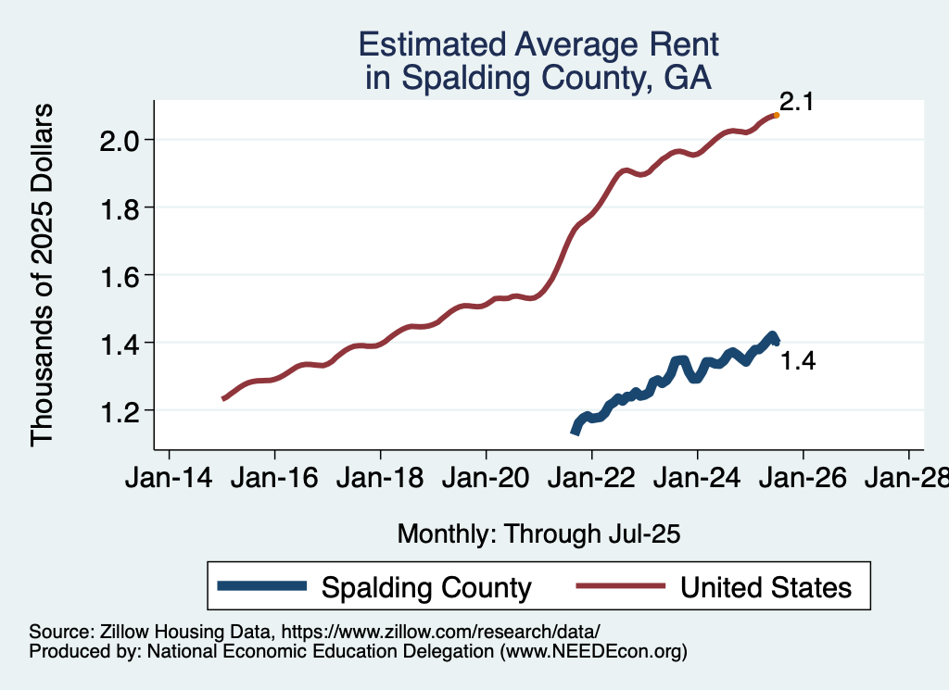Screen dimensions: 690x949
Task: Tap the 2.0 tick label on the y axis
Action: pyautogui.click(x=120, y=141)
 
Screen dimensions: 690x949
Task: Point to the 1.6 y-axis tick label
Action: pyautogui.click(x=120, y=276)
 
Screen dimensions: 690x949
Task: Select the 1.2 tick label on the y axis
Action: pyautogui.click(x=120, y=411)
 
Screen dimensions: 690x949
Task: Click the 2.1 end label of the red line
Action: pyautogui.click(x=796, y=103)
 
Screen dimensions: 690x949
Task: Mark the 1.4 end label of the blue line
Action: pyautogui.click(x=797, y=361)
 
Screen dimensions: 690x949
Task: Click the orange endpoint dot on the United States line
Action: pyautogui.click(x=776, y=115)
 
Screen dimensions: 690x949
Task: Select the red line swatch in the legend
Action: pyautogui.click(x=620, y=586)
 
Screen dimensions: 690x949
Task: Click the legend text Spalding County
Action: pyautogui.click(x=426, y=587)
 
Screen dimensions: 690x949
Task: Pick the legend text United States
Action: pyautogui.click(x=766, y=587)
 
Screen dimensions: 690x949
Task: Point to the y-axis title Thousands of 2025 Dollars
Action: pyautogui.click(x=44, y=275)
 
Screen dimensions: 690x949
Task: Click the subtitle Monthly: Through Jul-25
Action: pyautogui.click(x=539, y=533)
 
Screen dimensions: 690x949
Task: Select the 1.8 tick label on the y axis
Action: pyautogui.click(x=120, y=208)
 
